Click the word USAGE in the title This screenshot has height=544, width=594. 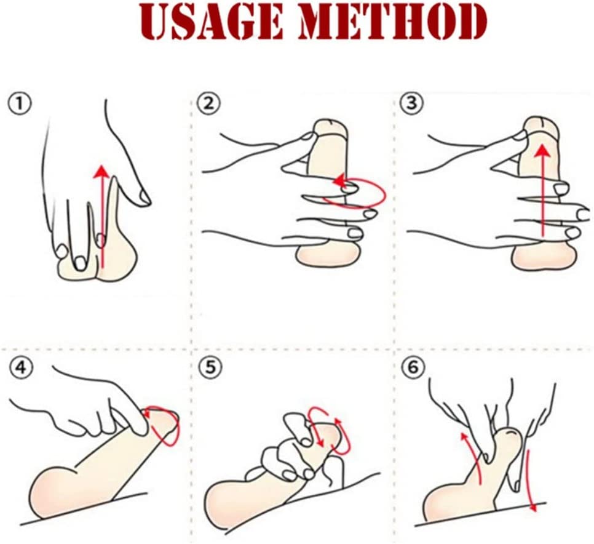point(212,23)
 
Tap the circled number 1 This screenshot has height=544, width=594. point(20,104)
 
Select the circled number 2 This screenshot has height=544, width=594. point(208,104)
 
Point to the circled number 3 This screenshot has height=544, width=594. point(412,103)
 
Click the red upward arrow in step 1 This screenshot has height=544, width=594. point(101,216)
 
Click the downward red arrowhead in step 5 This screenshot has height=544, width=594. point(319,442)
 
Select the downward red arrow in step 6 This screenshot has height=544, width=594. point(530,479)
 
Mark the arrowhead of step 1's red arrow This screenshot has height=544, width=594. point(101,171)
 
